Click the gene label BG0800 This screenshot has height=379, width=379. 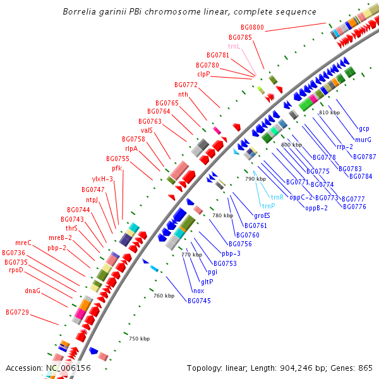(252, 28)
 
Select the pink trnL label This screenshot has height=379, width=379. (234, 46)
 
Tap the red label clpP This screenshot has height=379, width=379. (203, 74)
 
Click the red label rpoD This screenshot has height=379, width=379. (16, 270)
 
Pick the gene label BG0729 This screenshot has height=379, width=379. (17, 312)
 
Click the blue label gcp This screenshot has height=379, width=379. (364, 129)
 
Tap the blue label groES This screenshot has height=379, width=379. (262, 215)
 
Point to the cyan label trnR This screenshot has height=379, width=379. (277, 196)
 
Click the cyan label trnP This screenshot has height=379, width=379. (268, 206)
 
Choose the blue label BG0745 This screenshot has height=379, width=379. (199, 301)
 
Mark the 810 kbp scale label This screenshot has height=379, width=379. (329, 112)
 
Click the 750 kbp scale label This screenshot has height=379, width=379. (139, 339)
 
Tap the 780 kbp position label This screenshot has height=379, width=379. (222, 216)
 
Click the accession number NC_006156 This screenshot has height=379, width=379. (68, 368)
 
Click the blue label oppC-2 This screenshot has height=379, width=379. (301, 197)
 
